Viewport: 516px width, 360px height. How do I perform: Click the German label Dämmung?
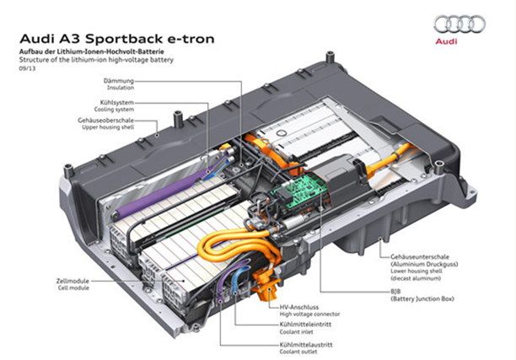coord(118,81)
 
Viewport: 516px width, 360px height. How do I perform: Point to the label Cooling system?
coord(118,108)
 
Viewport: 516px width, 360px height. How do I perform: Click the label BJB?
coord(395,291)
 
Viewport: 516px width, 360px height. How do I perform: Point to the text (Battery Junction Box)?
coord(422,298)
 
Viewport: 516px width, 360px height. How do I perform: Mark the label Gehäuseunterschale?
coord(421,254)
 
